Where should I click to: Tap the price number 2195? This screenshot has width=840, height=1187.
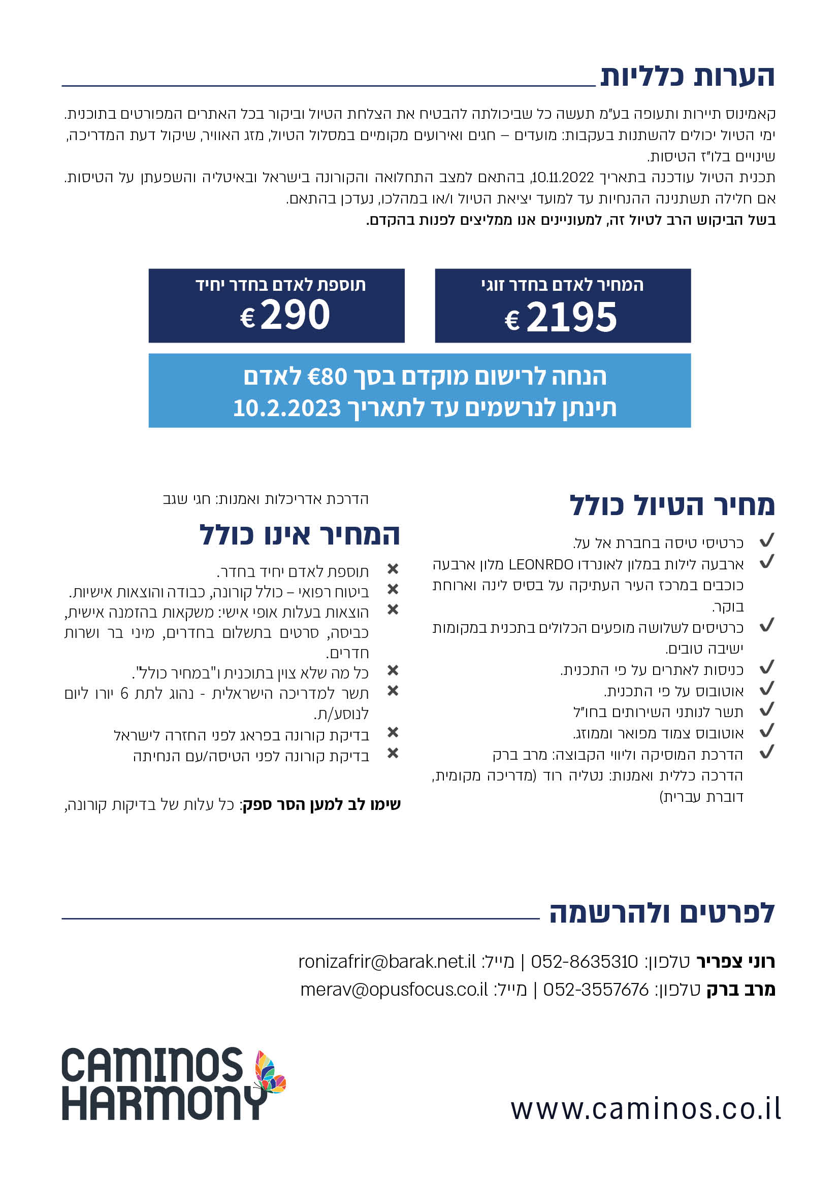coord(571,317)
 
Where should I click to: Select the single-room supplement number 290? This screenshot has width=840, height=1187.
coord(295,315)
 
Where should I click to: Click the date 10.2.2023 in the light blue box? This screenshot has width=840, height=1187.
coord(287,409)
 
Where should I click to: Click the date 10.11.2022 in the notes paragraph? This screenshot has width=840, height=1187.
coord(563,178)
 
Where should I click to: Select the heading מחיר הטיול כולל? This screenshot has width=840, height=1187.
coord(672,505)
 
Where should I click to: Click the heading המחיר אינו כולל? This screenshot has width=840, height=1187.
coord(300,534)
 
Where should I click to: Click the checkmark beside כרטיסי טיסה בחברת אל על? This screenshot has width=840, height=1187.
coord(766,541)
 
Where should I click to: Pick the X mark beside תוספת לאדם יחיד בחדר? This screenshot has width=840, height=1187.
coord(393,569)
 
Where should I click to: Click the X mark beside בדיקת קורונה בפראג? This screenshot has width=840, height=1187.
coord(393,732)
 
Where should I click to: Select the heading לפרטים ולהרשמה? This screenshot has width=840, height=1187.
coord(662,913)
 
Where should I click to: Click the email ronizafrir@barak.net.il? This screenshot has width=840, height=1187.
coord(386,962)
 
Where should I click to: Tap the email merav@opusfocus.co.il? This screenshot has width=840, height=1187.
coord(394,990)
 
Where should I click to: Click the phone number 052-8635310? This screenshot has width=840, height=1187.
coord(585,962)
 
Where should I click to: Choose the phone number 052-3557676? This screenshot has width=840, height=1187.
coord(596,990)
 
